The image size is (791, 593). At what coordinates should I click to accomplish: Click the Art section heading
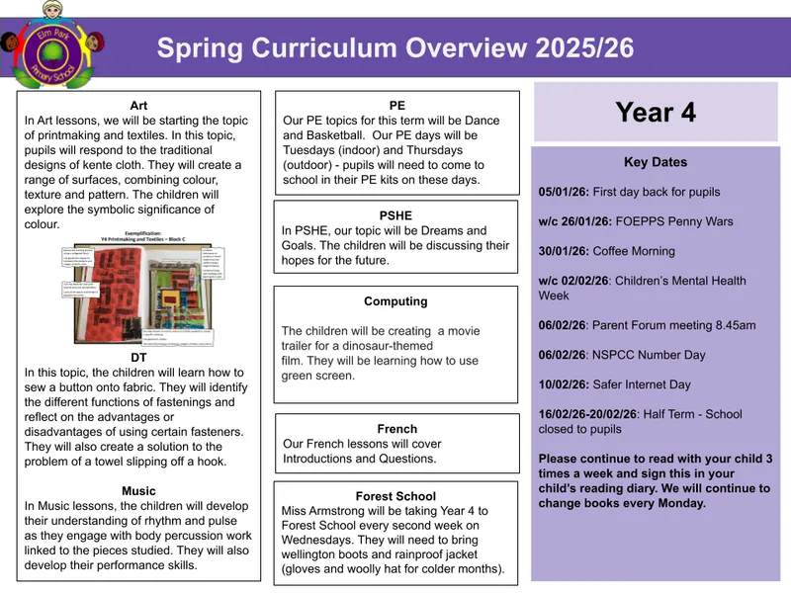click(139, 105)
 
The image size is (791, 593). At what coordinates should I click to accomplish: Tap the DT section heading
click(139, 357)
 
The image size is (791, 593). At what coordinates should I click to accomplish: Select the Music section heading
click(139, 490)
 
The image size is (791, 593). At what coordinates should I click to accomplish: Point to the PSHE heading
click(395, 214)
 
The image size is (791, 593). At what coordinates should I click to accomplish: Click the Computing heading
click(395, 301)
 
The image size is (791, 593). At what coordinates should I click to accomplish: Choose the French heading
click(396, 429)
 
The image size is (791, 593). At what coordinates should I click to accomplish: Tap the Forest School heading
click(395, 495)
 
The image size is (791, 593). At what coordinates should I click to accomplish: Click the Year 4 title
click(655, 113)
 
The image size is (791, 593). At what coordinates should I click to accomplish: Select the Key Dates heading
click(655, 162)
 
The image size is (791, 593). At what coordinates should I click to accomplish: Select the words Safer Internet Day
click(642, 384)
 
